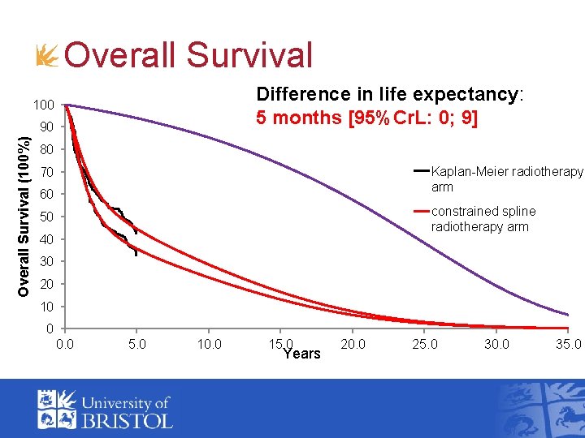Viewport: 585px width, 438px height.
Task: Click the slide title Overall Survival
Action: (188, 56)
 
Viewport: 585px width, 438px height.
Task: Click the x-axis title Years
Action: (301, 354)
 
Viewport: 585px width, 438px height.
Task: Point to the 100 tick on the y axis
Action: (43, 105)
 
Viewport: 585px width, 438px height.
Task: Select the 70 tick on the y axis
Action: (46, 173)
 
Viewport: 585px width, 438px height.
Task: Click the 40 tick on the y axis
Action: (46, 240)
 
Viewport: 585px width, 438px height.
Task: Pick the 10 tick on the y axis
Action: (46, 307)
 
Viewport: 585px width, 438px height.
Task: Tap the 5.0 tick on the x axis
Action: (137, 344)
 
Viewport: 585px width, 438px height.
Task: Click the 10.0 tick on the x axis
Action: (209, 344)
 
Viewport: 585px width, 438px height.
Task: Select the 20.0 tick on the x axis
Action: (353, 344)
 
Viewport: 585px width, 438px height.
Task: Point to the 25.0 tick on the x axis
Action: (424, 344)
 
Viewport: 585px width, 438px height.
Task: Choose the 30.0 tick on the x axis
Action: (496, 344)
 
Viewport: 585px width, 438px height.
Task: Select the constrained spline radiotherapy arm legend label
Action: (483, 219)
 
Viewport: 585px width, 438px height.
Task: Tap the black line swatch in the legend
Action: (422, 171)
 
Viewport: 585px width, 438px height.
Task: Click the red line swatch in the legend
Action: (422, 211)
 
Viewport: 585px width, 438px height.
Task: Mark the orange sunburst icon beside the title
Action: (48, 56)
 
